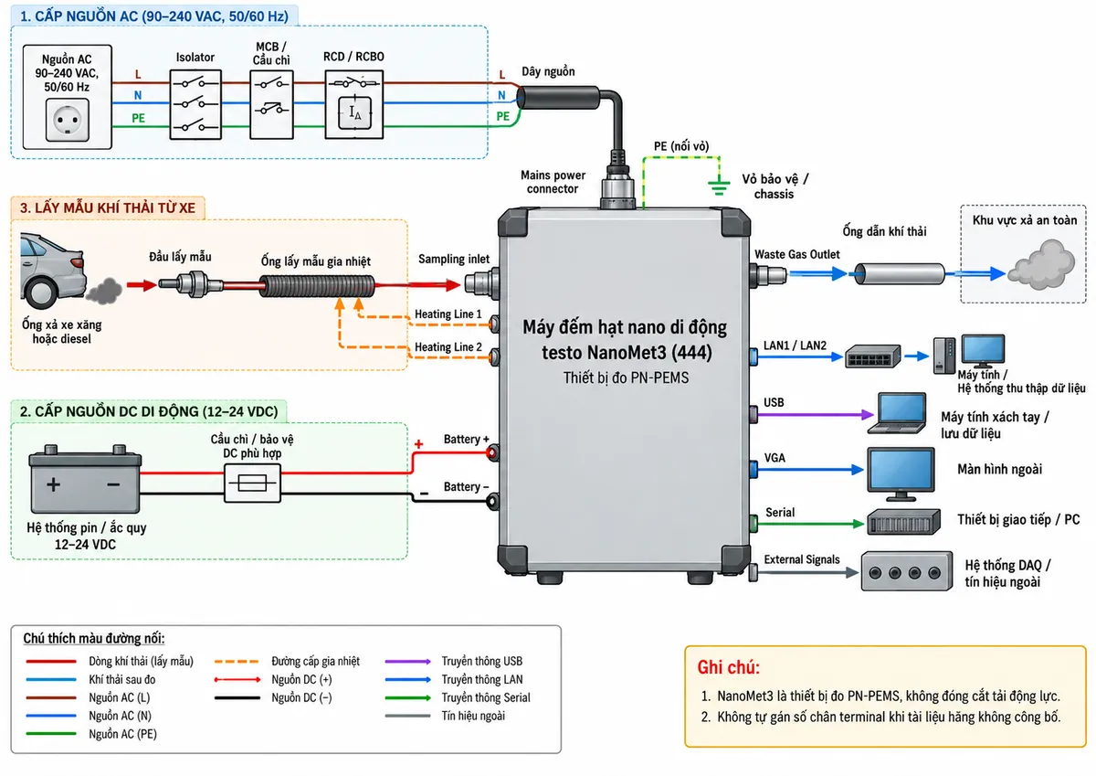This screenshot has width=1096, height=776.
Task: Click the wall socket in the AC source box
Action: coord(68,120)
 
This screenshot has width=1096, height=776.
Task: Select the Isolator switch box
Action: coord(195,104)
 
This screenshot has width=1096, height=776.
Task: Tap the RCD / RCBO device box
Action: coord(353,104)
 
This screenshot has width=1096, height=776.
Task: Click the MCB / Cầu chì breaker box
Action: coord(271,104)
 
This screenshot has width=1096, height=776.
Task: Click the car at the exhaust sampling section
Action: coord(52,271)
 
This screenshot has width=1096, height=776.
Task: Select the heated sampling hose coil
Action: coord(317,286)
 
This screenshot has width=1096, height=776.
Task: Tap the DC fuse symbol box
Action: coord(252,484)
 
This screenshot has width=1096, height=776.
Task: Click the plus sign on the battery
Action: coord(53,484)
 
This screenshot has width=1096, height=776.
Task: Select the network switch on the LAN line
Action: coord(872,356)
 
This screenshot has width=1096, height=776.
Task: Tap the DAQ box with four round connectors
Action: coord(907,571)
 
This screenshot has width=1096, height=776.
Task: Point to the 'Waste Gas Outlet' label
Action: coord(797,255)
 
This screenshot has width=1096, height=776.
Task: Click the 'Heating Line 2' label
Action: coord(448,347)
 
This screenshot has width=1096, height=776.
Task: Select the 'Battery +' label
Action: coord(467,439)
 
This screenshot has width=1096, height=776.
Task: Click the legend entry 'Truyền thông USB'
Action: coord(482,662)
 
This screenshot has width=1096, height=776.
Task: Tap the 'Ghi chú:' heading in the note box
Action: coord(729,667)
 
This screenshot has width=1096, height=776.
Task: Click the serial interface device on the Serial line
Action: coord(903,522)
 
